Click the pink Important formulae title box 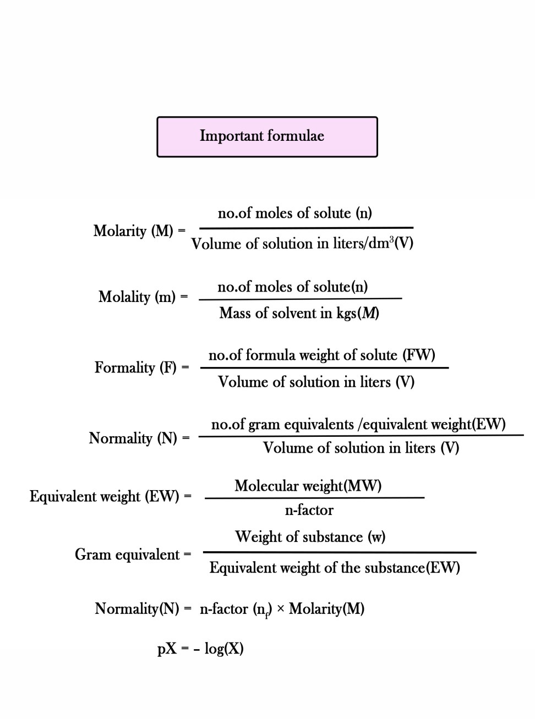(x=267, y=136)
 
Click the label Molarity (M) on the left (x=133, y=230)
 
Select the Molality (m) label (x=137, y=297)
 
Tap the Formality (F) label (x=135, y=367)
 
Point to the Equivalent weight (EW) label (x=105, y=497)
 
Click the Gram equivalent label (x=127, y=555)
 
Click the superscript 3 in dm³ (x=391, y=240)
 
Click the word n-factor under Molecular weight (x=309, y=511)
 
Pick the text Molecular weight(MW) (x=308, y=486)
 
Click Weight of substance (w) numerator (x=310, y=537)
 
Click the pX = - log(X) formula (x=200, y=649)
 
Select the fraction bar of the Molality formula (x=300, y=299)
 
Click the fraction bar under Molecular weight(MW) (x=314, y=498)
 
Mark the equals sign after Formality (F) (x=185, y=367)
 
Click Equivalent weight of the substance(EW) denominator (x=335, y=568)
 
